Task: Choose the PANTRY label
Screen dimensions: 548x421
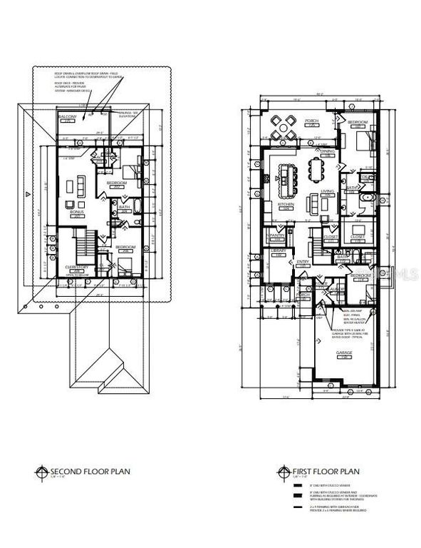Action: tap(276, 235)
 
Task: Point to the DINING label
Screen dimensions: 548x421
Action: tap(327, 151)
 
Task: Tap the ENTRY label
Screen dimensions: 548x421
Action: tap(302, 262)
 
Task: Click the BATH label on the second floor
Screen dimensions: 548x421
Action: tap(123, 208)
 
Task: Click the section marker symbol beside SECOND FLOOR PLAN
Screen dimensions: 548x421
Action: tap(43, 472)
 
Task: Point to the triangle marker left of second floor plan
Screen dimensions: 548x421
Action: tap(27, 193)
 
